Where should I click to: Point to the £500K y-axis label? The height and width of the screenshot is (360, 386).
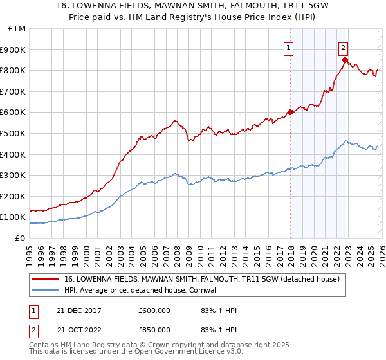14,134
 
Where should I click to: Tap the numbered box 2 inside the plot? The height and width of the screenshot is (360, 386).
344,47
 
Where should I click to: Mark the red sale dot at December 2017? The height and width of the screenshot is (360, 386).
290,112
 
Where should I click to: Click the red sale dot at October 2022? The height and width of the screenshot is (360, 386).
345,60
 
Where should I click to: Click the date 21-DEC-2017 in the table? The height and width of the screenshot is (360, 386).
78,310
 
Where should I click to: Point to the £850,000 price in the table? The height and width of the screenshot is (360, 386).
154,329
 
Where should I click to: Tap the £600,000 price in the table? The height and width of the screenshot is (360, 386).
154,310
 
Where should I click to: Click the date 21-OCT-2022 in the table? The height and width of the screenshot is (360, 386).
78,329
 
